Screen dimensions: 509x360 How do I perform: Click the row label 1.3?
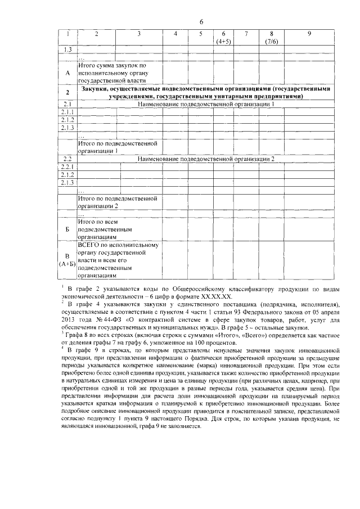coord(67,51)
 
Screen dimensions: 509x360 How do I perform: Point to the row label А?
coord(67,73)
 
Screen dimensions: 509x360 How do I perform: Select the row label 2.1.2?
coord(67,120)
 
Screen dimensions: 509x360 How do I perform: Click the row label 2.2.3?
coord(67,182)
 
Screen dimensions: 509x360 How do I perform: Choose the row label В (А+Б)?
coord(67,260)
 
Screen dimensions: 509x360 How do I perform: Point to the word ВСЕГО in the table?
coord(90,245)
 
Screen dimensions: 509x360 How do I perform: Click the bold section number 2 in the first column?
coord(67,93)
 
